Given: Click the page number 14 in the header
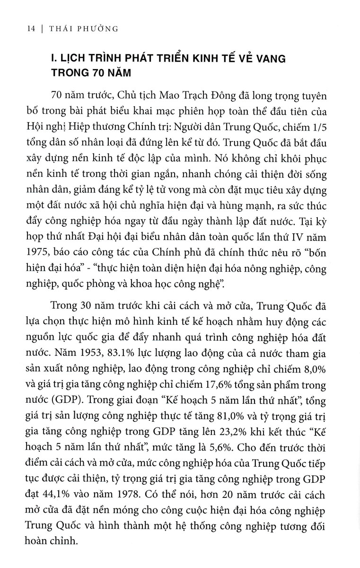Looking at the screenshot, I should point(18,29).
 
